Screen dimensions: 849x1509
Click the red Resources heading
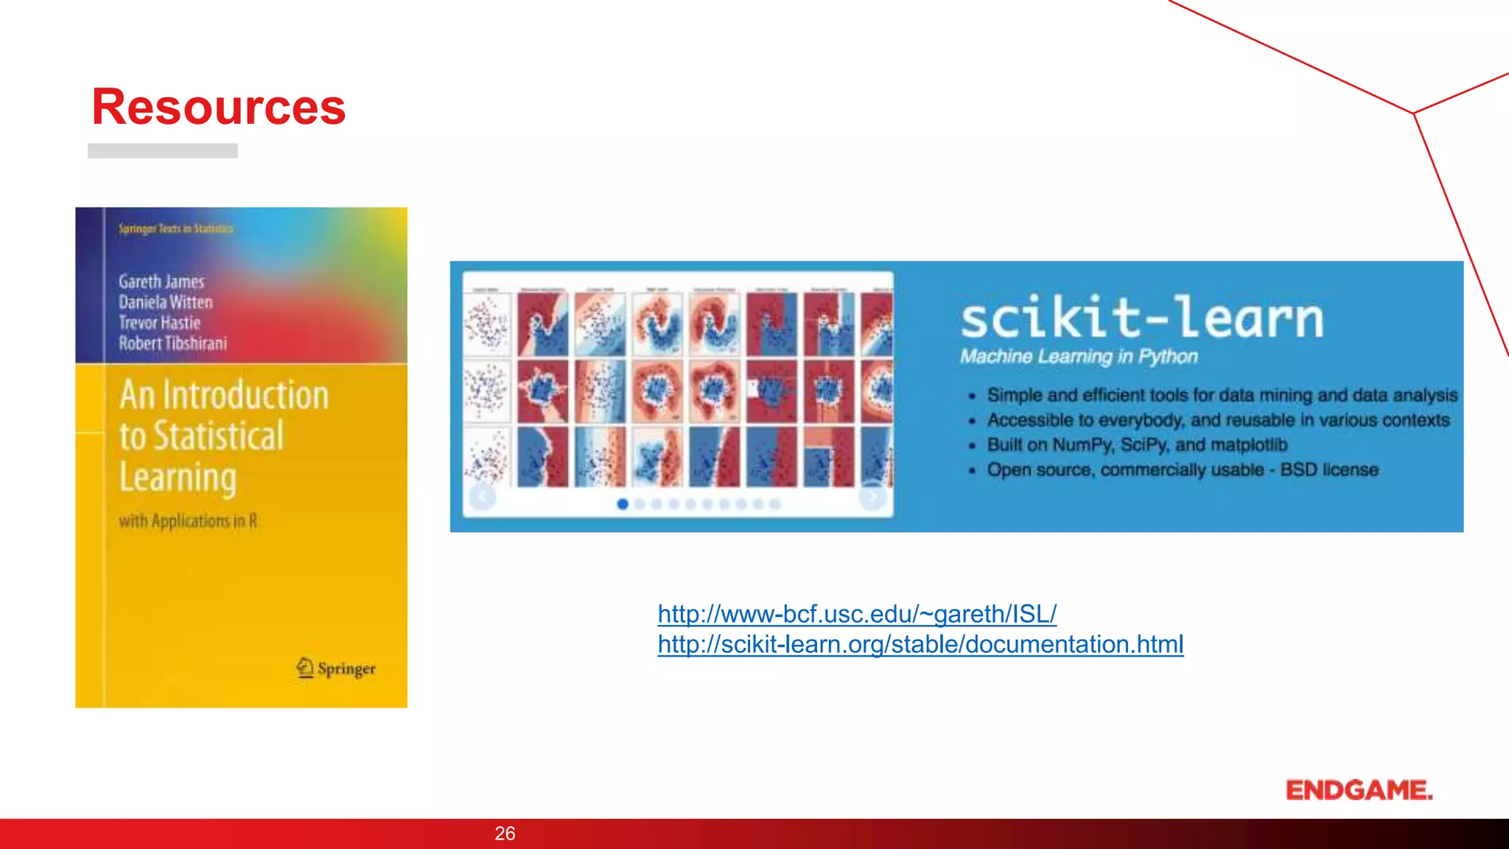coord(218,108)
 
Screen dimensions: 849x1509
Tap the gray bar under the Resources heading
coord(163,151)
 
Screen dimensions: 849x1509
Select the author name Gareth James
coord(161,282)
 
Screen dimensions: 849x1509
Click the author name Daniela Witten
coord(166,302)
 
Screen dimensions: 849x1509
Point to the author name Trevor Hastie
coord(160,323)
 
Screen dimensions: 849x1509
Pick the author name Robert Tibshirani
coord(173,343)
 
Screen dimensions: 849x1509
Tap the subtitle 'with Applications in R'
coord(188,521)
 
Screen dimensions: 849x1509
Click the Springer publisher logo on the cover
coord(336,668)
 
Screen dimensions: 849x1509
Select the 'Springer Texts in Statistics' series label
coord(176,228)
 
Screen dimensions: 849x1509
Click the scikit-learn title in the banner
coord(1141,318)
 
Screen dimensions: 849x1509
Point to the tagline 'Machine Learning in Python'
coord(1079,357)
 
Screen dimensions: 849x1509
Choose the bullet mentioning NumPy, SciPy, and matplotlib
coord(1137,445)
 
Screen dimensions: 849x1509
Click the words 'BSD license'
coord(1329,470)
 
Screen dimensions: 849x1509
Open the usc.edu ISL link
coord(857,614)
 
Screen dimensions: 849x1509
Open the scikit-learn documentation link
coord(920,645)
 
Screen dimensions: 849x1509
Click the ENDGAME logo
coord(1359,790)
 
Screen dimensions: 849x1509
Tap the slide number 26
coord(505,834)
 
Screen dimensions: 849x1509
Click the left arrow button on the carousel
coord(483,497)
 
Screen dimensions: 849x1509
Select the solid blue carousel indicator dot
coord(623,504)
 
